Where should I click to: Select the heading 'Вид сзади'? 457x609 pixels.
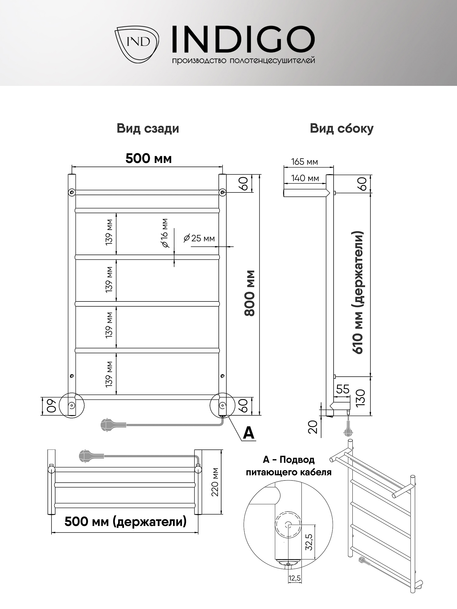tap(148, 128)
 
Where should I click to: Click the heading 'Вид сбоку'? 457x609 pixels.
tap(342, 128)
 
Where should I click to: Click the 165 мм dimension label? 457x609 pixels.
tap(304, 162)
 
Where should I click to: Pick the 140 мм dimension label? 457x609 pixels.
tap(305, 178)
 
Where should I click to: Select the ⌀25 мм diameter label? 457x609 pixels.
tap(199, 238)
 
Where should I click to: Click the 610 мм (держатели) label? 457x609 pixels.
tap(358, 292)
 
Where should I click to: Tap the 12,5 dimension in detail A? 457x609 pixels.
tap(295, 578)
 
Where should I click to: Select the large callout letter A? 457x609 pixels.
tap(249, 433)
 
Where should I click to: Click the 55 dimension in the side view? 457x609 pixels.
tap(342, 389)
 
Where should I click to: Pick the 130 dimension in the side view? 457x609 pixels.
tap(360, 397)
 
